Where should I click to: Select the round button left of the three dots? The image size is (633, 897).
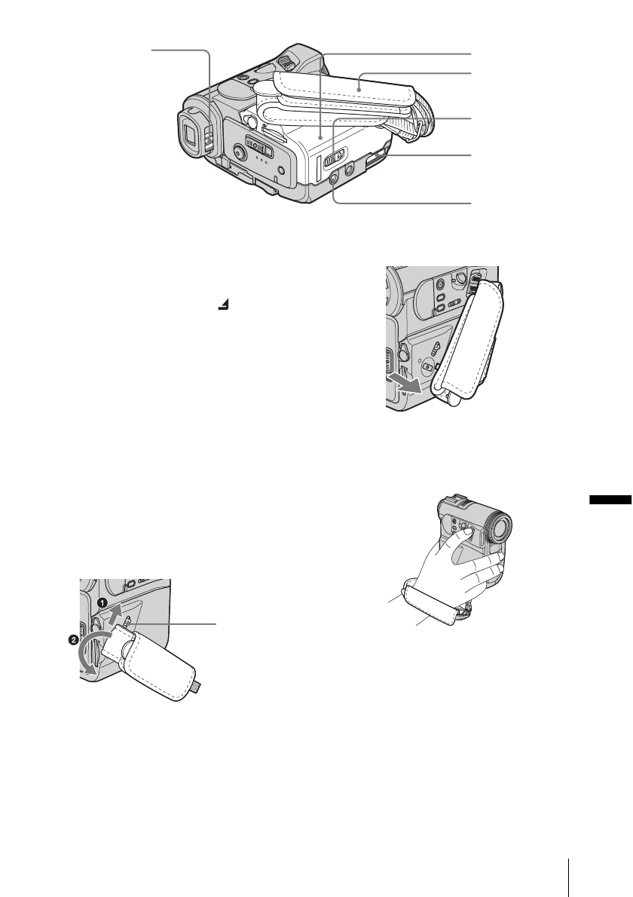[238, 152]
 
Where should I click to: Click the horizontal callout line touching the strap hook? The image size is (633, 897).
[180, 623]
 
